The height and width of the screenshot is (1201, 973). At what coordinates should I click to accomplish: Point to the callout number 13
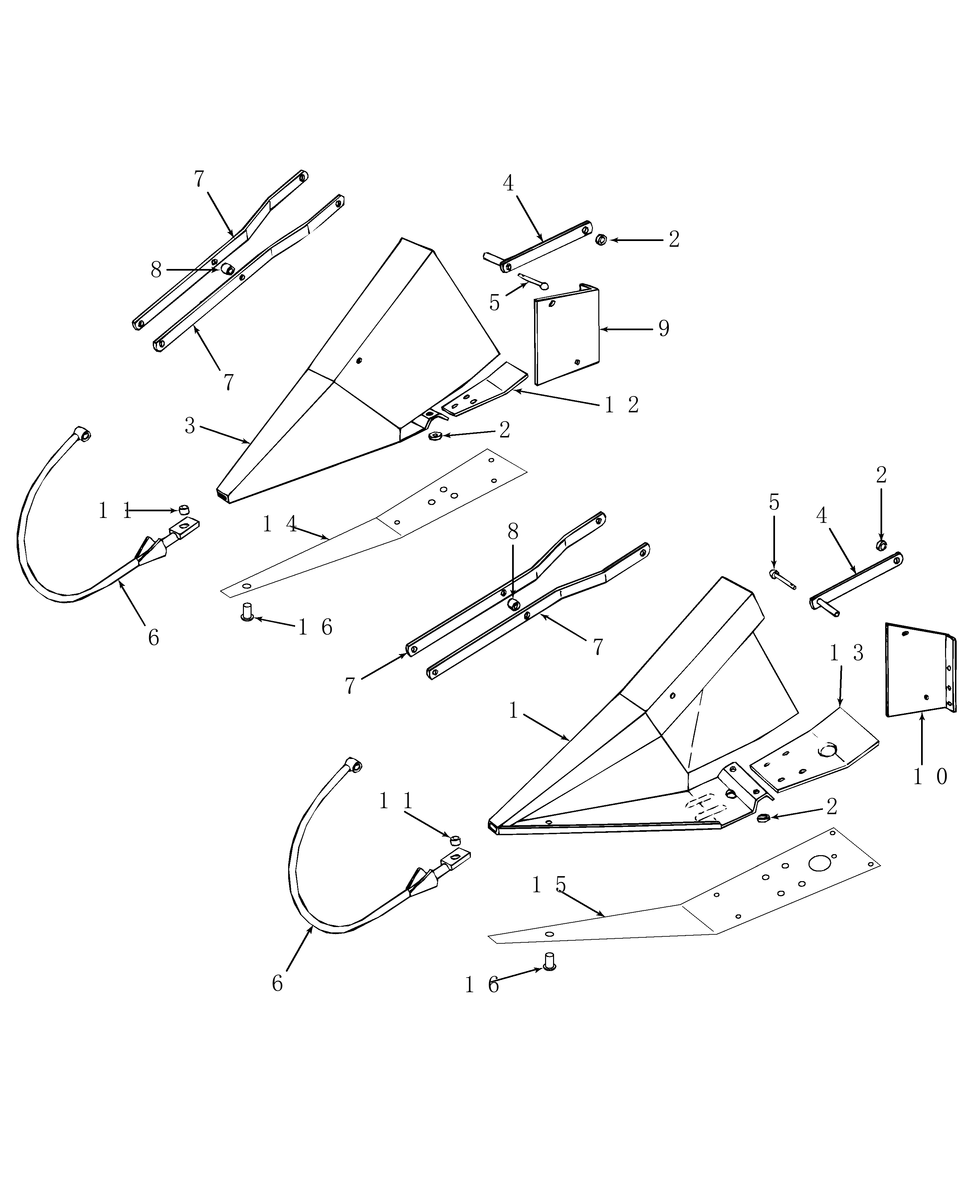[x=846, y=653]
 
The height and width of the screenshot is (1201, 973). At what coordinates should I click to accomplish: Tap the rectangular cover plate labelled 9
[x=566, y=337]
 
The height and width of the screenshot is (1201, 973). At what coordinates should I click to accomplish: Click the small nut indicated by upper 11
[x=183, y=510]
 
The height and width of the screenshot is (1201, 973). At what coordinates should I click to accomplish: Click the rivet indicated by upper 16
[x=246, y=611]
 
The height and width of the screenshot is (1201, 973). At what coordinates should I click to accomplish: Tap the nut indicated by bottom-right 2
[x=761, y=819]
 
